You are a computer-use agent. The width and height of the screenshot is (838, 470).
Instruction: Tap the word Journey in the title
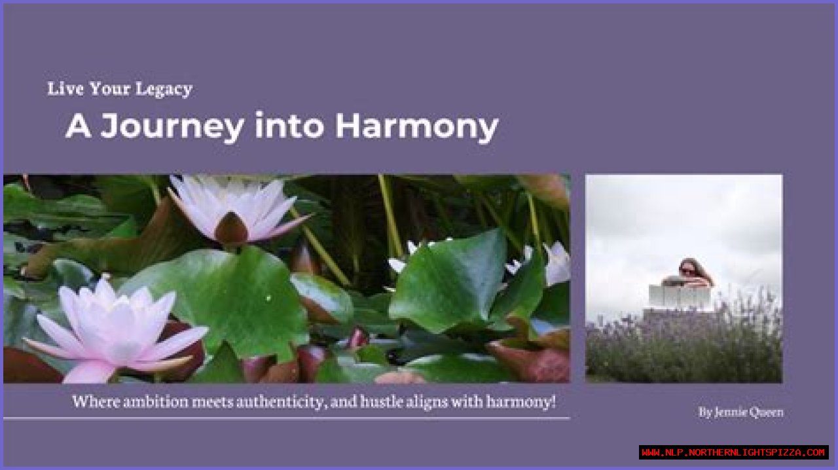coord(172,126)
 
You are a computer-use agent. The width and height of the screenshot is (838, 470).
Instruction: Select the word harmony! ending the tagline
coord(521,401)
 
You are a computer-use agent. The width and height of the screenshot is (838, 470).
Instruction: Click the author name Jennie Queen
coord(740,412)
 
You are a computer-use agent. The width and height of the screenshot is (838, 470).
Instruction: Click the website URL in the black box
coord(733,452)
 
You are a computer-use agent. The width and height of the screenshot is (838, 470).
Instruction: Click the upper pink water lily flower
coord(236,209)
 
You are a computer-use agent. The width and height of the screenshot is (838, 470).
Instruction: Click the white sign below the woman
coord(679,297)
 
